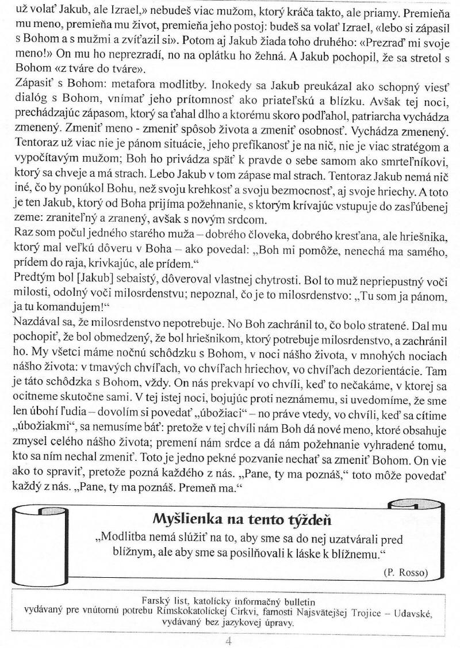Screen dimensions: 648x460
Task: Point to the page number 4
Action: [x=229, y=640]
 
